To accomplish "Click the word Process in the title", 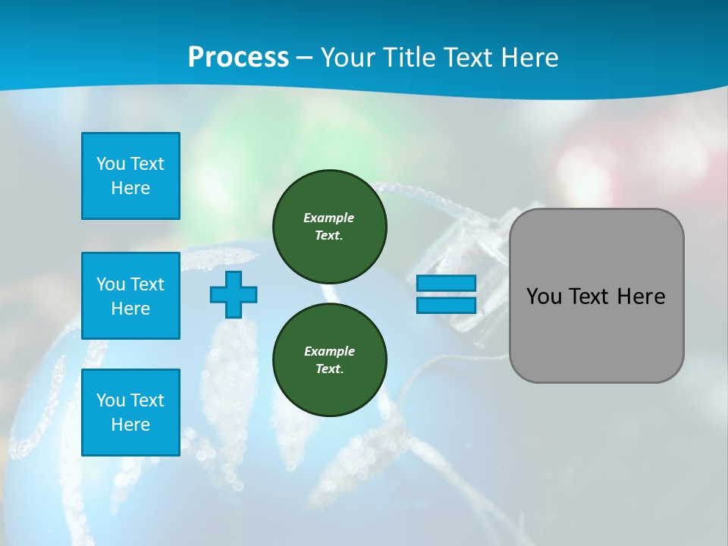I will [x=238, y=58].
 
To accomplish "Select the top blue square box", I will [x=130, y=176].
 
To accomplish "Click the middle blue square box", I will [x=130, y=296].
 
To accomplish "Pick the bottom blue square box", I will [x=130, y=413].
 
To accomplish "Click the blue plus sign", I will [x=234, y=294].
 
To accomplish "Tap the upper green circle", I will [x=330, y=226].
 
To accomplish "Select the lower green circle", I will [x=330, y=359].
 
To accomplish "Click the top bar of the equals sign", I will [x=446, y=283].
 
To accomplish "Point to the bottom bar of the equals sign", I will [x=446, y=305].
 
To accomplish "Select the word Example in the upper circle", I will [x=329, y=218].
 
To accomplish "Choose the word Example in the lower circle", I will [x=329, y=351].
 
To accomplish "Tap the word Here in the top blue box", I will [x=130, y=188].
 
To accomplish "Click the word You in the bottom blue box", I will [x=111, y=400].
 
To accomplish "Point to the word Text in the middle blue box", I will [x=148, y=284].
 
